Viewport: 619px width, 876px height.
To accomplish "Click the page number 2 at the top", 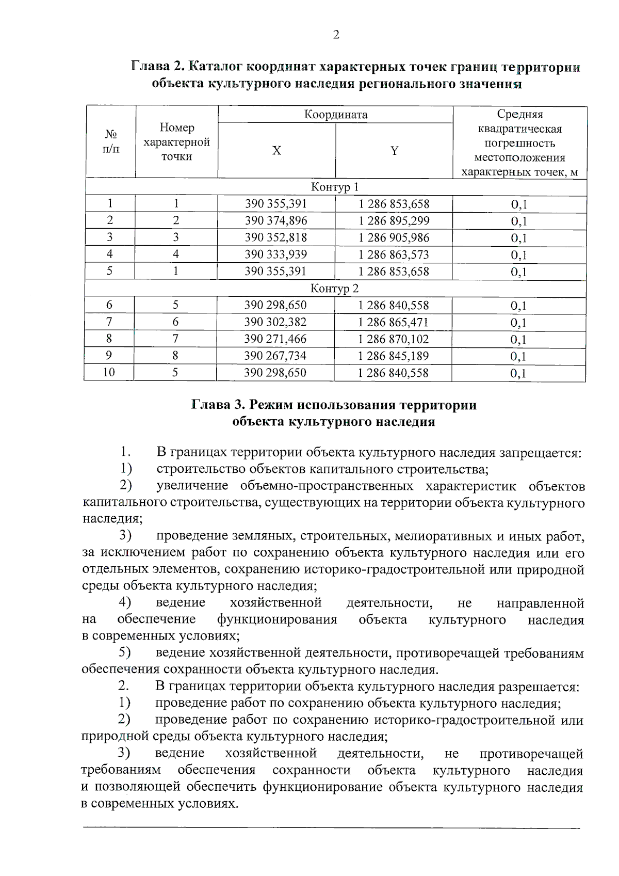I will [336, 35].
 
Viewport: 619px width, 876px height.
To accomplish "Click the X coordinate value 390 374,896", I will [276, 221].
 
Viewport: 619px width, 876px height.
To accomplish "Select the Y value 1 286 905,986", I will [394, 238].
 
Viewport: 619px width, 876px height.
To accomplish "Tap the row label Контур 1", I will [335, 187].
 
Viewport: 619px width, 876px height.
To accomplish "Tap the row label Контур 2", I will [334, 289].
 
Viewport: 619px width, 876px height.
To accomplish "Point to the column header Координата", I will [335, 115].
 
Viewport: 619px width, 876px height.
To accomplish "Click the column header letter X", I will [276, 151].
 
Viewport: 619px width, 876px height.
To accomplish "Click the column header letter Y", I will [394, 151].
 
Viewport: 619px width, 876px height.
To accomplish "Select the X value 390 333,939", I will [276, 254].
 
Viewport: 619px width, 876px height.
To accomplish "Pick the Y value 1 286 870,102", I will [394, 339].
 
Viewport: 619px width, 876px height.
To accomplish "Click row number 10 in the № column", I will [109, 372].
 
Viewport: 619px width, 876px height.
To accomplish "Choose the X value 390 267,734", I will [275, 356].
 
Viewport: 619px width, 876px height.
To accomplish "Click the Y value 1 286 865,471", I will [394, 322].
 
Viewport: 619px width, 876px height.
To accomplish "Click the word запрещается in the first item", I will [540, 453].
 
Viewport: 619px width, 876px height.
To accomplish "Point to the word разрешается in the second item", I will [538, 687].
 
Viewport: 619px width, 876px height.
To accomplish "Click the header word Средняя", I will [519, 114].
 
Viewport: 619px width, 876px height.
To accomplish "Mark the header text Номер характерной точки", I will [176, 142].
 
